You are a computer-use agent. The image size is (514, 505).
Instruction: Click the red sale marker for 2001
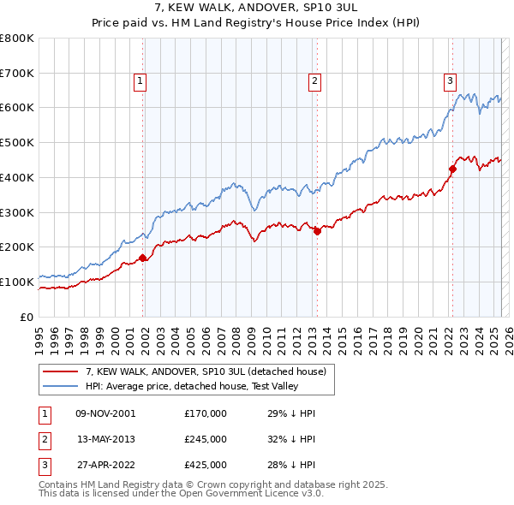(142, 258)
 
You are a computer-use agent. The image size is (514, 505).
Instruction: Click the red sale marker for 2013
(317, 231)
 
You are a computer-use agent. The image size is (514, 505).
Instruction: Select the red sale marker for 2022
(452, 169)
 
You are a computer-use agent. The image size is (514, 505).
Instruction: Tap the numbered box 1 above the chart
(140, 81)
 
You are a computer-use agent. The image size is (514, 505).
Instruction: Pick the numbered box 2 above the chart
(314, 81)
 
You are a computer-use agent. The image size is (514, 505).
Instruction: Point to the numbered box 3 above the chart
(450, 81)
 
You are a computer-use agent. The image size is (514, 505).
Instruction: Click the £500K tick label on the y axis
(17, 142)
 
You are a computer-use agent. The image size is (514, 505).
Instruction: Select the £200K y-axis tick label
(17, 247)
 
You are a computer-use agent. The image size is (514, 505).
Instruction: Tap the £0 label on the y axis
(27, 317)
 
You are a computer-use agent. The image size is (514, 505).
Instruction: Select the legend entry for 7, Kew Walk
(206, 372)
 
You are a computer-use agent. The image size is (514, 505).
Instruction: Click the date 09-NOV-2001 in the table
(105, 413)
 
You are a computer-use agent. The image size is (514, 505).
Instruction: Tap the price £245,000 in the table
(206, 439)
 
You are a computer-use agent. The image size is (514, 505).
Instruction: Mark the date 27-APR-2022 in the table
(105, 465)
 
